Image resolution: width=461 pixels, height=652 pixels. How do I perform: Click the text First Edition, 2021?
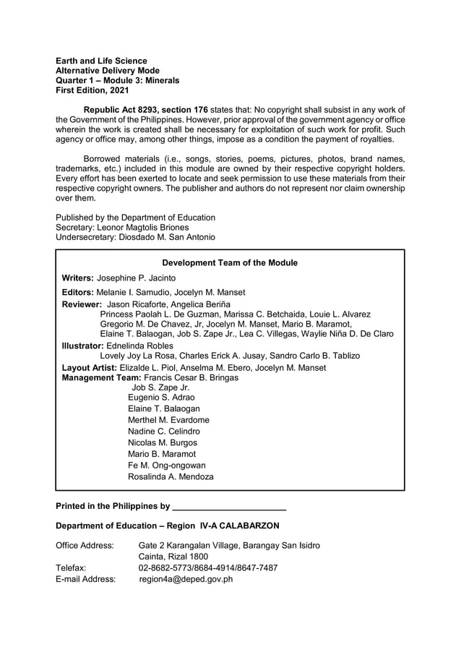tap(92, 90)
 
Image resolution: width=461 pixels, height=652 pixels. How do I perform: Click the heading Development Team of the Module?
tap(230, 263)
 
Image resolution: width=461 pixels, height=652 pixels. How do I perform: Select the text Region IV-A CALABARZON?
tap(230, 525)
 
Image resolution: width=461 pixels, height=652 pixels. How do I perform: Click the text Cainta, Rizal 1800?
tap(173, 557)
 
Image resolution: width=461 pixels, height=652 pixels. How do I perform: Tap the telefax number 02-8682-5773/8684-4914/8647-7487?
tap(208, 568)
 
